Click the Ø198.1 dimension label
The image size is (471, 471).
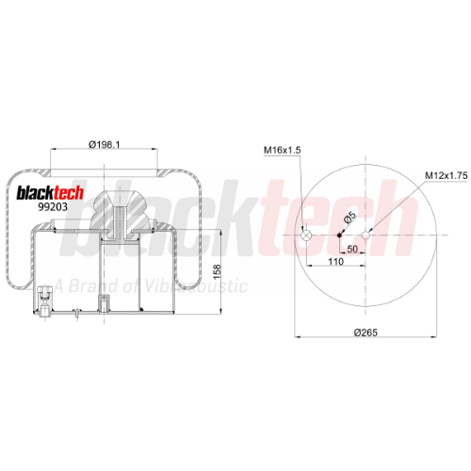105,145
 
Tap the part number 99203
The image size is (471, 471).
53,207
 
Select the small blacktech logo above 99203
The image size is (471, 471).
50,192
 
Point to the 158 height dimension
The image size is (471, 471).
217,272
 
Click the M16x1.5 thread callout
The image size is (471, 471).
282,151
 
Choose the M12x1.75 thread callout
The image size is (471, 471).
447,175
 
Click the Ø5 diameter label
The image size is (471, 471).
349,218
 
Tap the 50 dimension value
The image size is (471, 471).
352,249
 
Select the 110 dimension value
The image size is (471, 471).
335,262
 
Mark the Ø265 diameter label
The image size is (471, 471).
365,333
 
